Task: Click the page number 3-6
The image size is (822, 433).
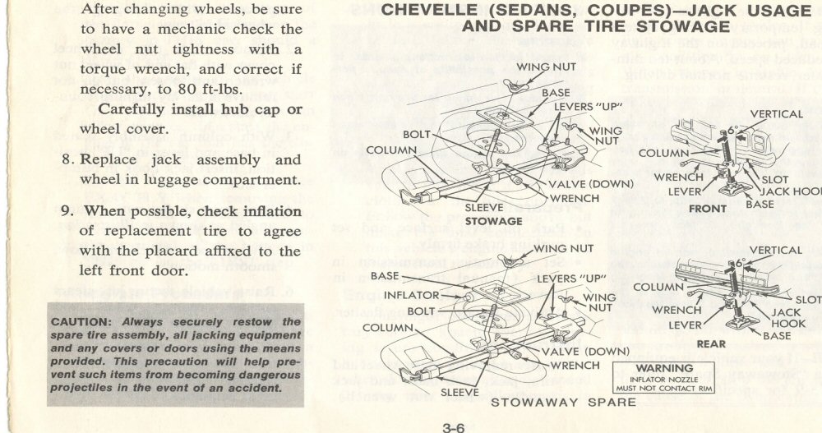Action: click(455, 426)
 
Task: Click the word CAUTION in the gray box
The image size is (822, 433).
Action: click(78, 321)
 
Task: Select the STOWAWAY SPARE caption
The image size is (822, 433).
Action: click(563, 403)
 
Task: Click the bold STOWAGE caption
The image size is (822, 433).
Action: click(493, 221)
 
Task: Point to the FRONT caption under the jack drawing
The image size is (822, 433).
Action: click(707, 209)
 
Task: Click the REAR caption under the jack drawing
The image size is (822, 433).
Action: click(711, 343)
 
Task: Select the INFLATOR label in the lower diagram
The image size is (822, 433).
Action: click(411, 294)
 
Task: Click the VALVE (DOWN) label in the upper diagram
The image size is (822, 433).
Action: click(590, 184)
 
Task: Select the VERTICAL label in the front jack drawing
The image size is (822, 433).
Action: click(776, 115)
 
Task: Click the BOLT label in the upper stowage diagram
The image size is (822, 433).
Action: click(417, 134)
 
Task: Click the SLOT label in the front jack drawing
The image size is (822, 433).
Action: click(775, 179)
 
